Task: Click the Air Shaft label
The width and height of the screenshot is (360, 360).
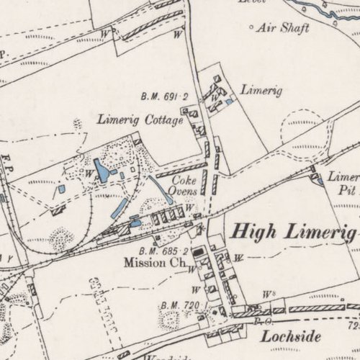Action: pyautogui.click(x=286, y=28)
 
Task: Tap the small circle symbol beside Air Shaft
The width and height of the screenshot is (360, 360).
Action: pyautogui.click(x=251, y=27)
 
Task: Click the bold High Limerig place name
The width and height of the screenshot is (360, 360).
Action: pyautogui.click(x=294, y=232)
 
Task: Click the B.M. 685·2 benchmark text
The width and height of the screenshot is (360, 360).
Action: pyautogui.click(x=164, y=251)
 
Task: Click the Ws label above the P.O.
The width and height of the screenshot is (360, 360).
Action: pyautogui.click(x=269, y=294)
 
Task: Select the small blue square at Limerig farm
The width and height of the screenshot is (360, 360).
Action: pyautogui.click(x=229, y=102)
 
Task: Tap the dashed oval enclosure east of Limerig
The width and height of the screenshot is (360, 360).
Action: pyautogui.click(x=308, y=127)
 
